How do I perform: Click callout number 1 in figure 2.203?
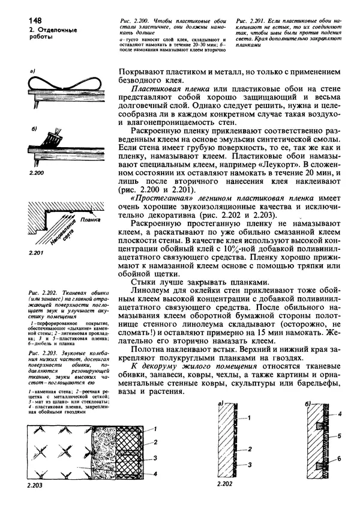click(154, 428)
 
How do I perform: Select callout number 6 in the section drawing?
click(339, 459)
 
